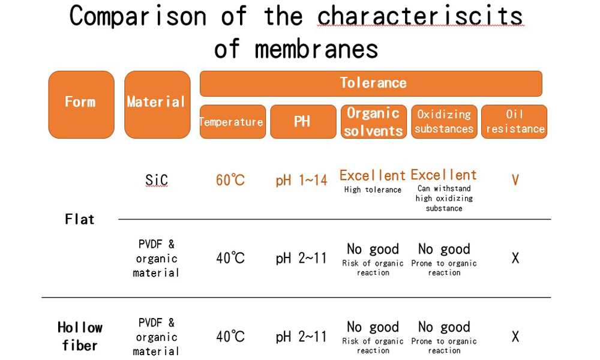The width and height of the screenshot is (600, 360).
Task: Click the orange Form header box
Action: coord(81,104)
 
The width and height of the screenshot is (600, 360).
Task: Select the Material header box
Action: coord(157,104)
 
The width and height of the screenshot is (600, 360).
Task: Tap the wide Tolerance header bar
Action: coord(371,83)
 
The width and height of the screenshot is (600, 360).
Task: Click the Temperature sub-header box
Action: coord(233,122)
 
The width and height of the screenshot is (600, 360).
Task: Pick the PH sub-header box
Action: coord(303,122)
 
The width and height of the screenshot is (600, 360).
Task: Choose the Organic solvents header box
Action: coord(374,122)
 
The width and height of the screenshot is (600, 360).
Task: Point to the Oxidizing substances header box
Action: coord(444,122)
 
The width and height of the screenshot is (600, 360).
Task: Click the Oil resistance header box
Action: coord(514,122)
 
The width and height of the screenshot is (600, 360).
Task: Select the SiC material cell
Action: coord(157,180)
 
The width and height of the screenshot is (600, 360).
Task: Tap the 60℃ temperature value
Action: coord(230,180)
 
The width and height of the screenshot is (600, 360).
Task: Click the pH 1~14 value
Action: coord(302,180)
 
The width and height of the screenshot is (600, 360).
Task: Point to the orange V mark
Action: coord(515,180)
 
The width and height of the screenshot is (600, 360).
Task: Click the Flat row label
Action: coord(80,219)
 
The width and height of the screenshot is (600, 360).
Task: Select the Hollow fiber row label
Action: coord(80,336)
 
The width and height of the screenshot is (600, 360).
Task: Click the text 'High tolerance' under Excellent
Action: coord(373,190)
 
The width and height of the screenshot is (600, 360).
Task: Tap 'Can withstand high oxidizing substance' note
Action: coord(444,198)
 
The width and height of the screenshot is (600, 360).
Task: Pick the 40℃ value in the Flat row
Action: coord(230,258)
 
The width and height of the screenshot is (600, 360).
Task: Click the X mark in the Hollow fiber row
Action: coord(515,337)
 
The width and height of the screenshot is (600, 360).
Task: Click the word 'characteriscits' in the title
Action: coord(420,16)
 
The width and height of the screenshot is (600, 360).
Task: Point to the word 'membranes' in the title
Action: coord(316,49)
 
